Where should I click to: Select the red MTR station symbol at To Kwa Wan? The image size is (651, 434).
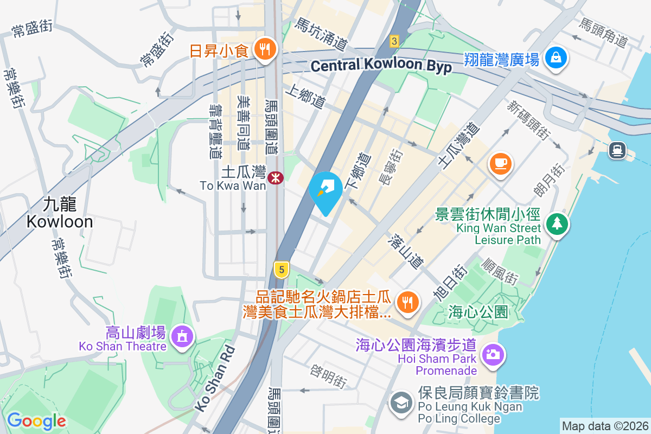[x=276, y=177]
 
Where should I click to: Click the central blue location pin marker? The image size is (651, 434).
[x=325, y=190]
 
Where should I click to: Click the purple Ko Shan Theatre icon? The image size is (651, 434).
[x=182, y=336]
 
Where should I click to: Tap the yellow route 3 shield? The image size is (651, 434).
[x=394, y=41]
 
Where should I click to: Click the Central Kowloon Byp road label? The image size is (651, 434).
[x=381, y=66]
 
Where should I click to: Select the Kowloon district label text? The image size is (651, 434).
[x=60, y=213]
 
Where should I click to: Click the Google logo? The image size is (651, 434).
[x=36, y=420]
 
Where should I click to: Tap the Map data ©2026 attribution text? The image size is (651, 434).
[x=605, y=426]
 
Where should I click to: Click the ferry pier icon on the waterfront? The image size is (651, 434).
[x=617, y=149]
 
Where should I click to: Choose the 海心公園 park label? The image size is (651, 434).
[x=478, y=312]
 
